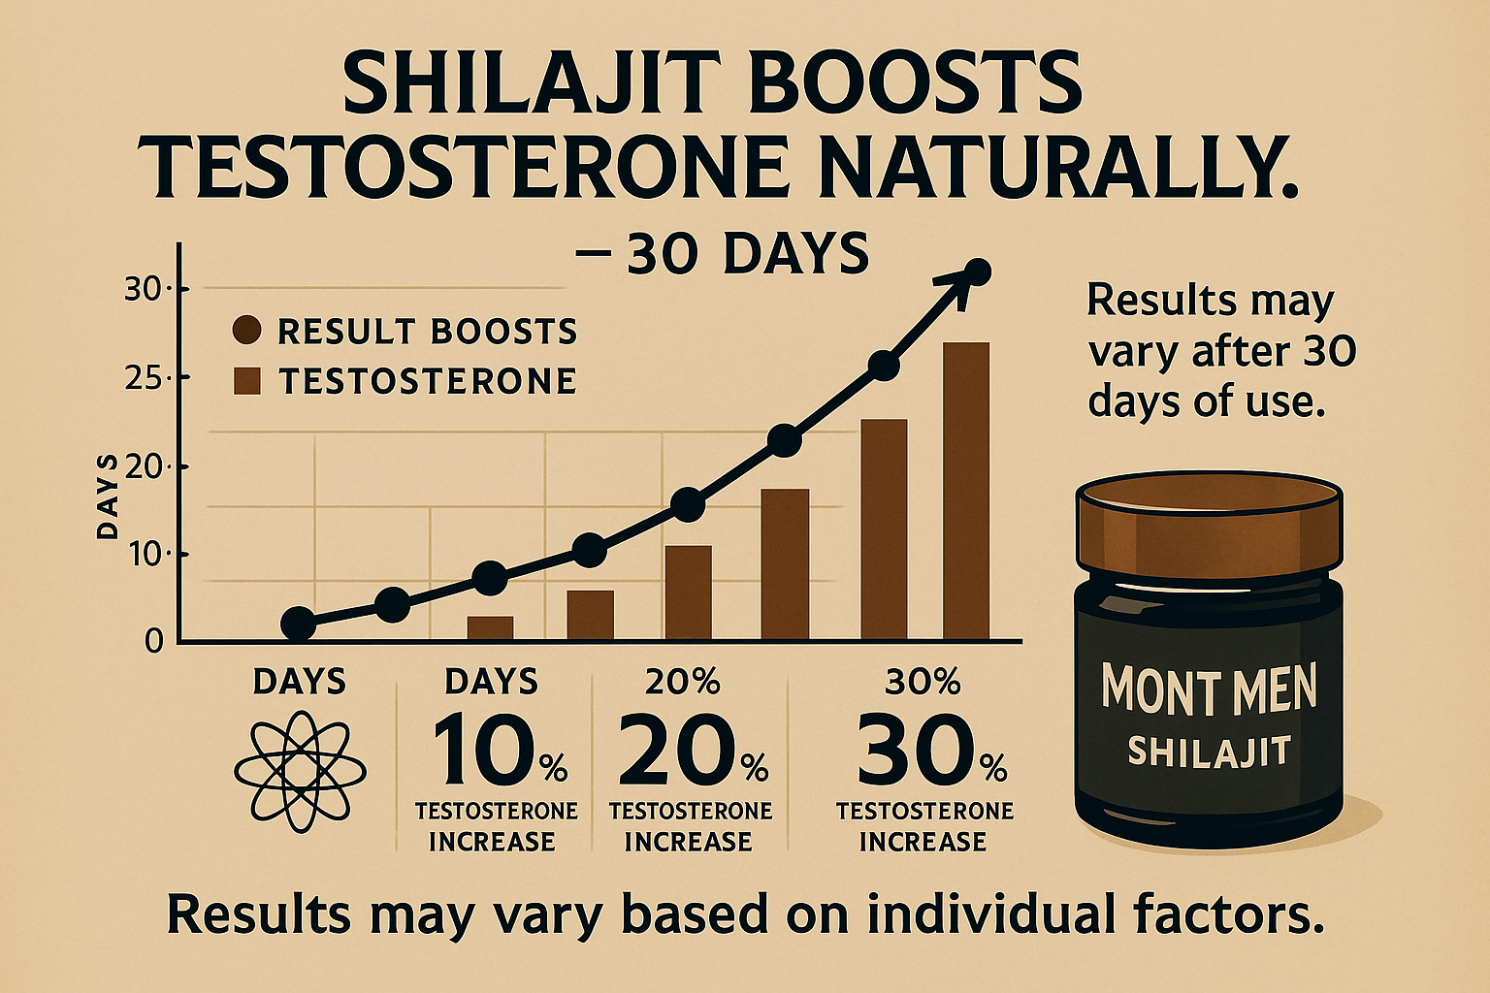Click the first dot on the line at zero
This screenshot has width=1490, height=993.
(298, 624)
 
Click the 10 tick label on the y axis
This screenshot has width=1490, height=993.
(147, 555)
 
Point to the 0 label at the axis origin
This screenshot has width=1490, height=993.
(153, 642)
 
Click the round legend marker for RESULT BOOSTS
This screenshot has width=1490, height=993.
(247, 331)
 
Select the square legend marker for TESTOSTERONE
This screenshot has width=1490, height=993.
(247, 382)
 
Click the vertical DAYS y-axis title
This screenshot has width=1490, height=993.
(107, 496)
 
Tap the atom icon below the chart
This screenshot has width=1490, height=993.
(300, 772)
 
